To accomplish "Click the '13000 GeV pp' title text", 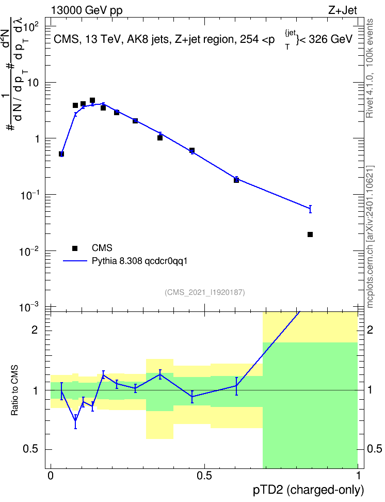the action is pyautogui.click(x=86, y=10).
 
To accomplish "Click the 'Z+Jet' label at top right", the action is pyautogui.click(x=343, y=10).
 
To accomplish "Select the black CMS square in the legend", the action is pyautogui.click(x=75, y=248).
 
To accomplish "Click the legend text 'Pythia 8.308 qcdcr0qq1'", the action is pyautogui.click(x=139, y=261).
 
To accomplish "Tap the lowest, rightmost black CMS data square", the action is pyautogui.click(x=310, y=234).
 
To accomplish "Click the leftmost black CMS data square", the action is pyautogui.click(x=61, y=154).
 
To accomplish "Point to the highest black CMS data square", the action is pyautogui.click(x=92, y=101).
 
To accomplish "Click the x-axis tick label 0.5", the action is pyautogui.click(x=204, y=476).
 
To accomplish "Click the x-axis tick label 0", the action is pyautogui.click(x=51, y=476).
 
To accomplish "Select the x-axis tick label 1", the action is pyautogui.click(x=358, y=476).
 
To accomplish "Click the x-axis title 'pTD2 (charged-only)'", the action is pyautogui.click(x=309, y=490).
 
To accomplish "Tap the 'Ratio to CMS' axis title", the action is pyautogui.click(x=14, y=390).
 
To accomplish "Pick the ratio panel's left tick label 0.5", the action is pyautogui.click(x=31, y=449).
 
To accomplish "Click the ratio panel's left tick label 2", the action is pyautogui.click(x=35, y=330).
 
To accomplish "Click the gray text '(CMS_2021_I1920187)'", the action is pyautogui.click(x=205, y=292).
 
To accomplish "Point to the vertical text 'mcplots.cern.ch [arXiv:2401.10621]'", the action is pyautogui.click(x=370, y=237).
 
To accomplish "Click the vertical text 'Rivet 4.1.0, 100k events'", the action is pyautogui.click(x=370, y=68).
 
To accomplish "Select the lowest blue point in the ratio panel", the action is pyautogui.click(x=75, y=421).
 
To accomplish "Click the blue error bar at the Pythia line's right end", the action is pyautogui.click(x=310, y=209).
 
